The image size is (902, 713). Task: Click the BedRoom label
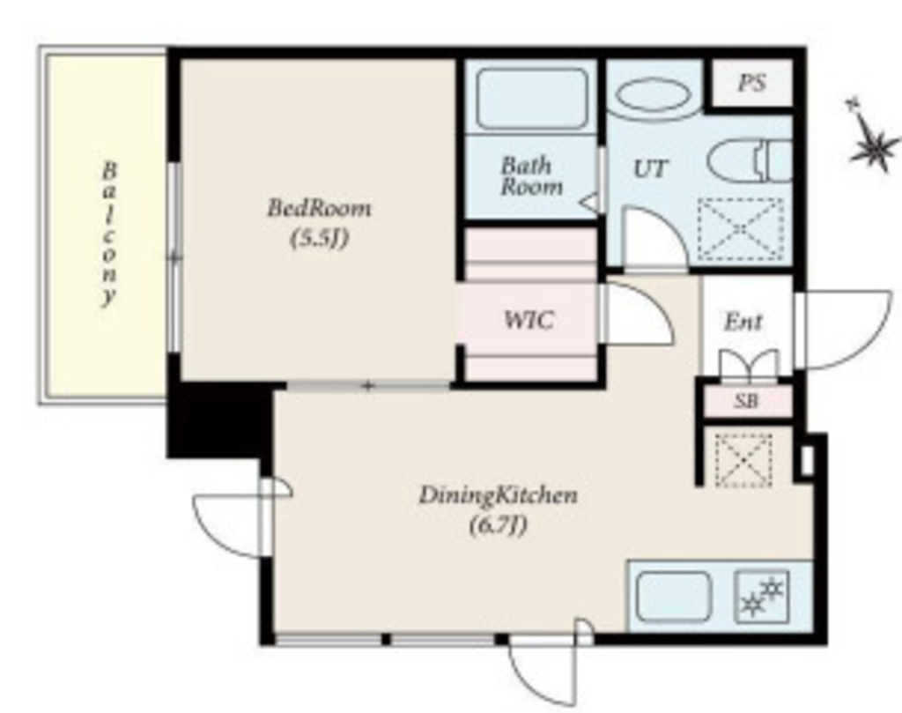[319, 208]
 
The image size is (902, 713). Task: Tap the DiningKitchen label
[498, 495]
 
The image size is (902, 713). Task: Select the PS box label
[752, 84]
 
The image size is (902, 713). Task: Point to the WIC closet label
[529, 320]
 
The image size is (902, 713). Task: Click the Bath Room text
[531, 176]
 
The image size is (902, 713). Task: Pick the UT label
[651, 168]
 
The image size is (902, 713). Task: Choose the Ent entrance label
[743, 322]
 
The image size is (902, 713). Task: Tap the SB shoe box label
[746, 401]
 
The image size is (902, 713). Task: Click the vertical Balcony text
[109, 233]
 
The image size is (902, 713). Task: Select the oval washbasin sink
[652, 99]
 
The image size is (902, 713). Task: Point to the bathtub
[531, 99]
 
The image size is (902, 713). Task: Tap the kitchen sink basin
[674, 596]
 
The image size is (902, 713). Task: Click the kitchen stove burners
[762, 596]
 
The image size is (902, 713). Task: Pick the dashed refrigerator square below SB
[743, 460]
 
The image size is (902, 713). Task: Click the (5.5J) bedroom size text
[319, 238]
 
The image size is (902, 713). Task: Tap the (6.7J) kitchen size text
[498, 525]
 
